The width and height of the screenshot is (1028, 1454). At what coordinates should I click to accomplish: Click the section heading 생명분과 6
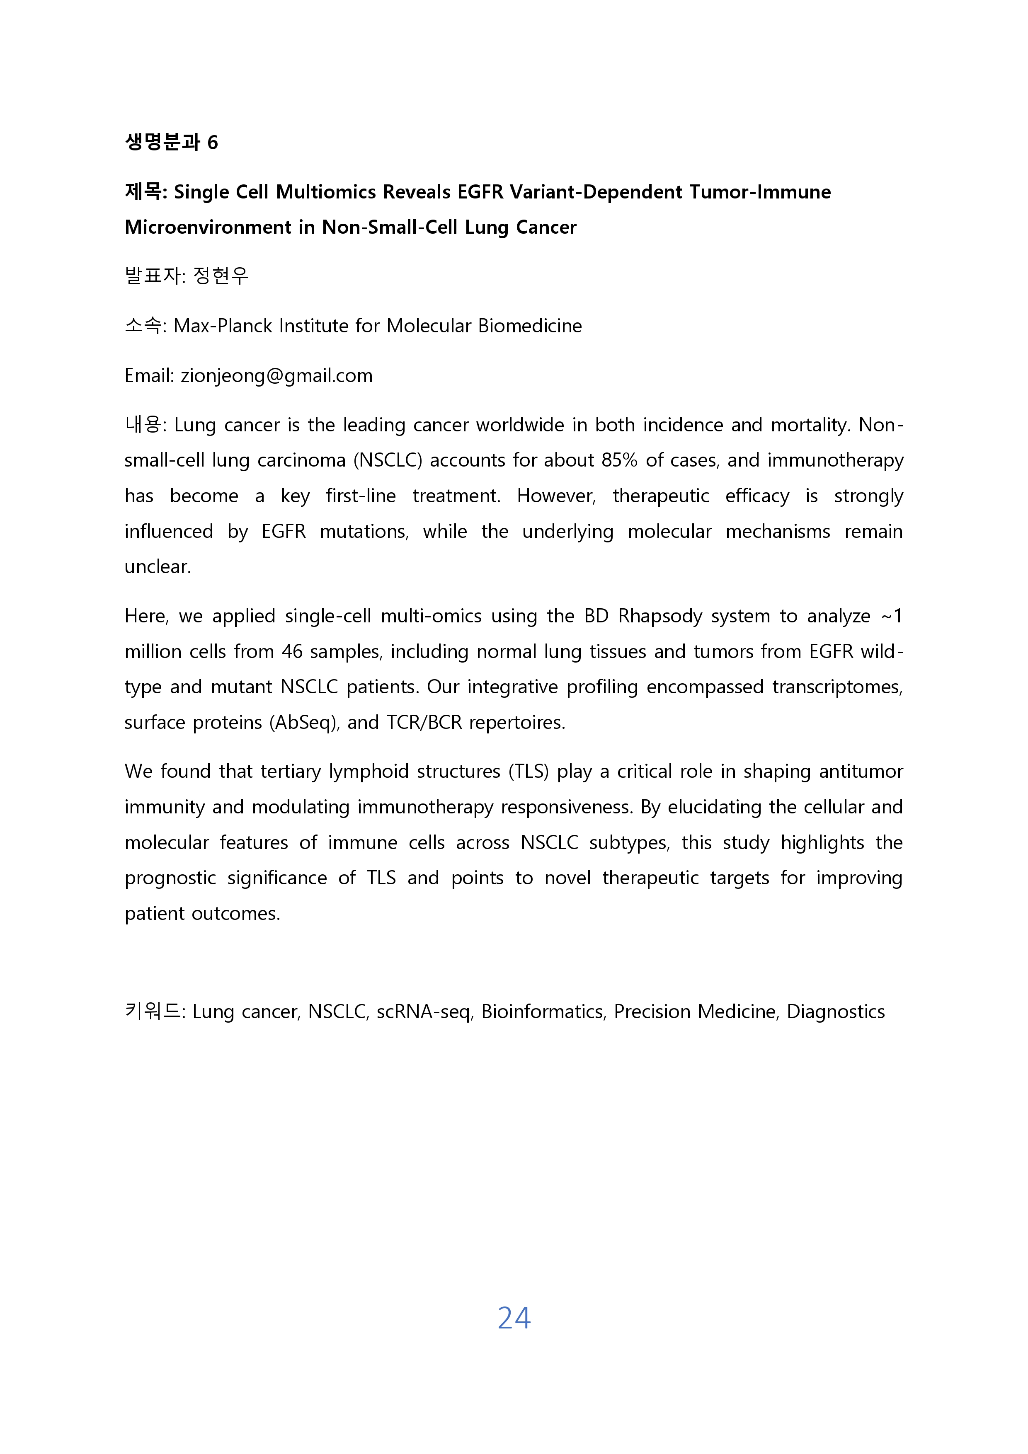[x=171, y=142]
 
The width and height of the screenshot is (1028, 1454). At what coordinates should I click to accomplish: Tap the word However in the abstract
[x=555, y=496]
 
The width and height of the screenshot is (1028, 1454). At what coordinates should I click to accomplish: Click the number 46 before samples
[x=292, y=652]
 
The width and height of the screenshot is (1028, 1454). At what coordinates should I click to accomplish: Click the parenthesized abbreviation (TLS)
[x=528, y=771]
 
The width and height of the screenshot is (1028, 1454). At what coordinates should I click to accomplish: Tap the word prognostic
[x=170, y=878]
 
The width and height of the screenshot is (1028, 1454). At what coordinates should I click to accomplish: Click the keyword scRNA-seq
[x=424, y=1012]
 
